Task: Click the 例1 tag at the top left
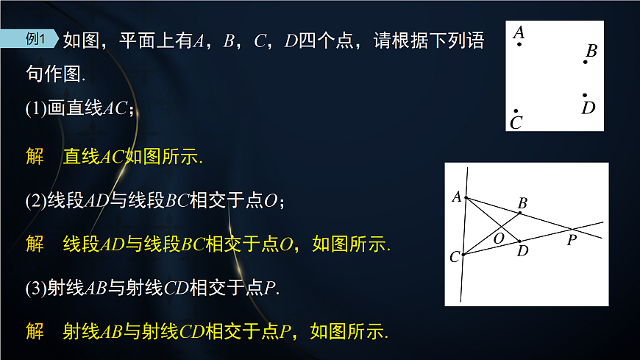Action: pyautogui.click(x=36, y=40)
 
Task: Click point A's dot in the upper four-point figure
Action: pyautogui.click(x=519, y=45)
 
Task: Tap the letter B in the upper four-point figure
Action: pyautogui.click(x=591, y=51)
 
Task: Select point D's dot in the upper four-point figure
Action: pyautogui.click(x=585, y=95)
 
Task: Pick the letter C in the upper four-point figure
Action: pyautogui.click(x=516, y=123)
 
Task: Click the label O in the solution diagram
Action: pyautogui.click(x=499, y=237)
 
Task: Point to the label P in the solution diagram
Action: pyautogui.click(x=572, y=239)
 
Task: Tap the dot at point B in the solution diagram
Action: pyautogui.click(x=520, y=213)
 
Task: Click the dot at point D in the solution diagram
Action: pyautogui.click(x=519, y=241)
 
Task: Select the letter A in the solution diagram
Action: pyautogui.click(x=456, y=197)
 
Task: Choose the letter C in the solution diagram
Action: pyautogui.click(x=455, y=257)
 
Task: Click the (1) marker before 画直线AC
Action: pyautogui.click(x=36, y=109)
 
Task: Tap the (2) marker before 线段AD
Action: pyautogui.click(x=36, y=200)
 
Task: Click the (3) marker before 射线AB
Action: pyautogui.click(x=36, y=289)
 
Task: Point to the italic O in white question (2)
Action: pyautogui.click(x=269, y=200)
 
